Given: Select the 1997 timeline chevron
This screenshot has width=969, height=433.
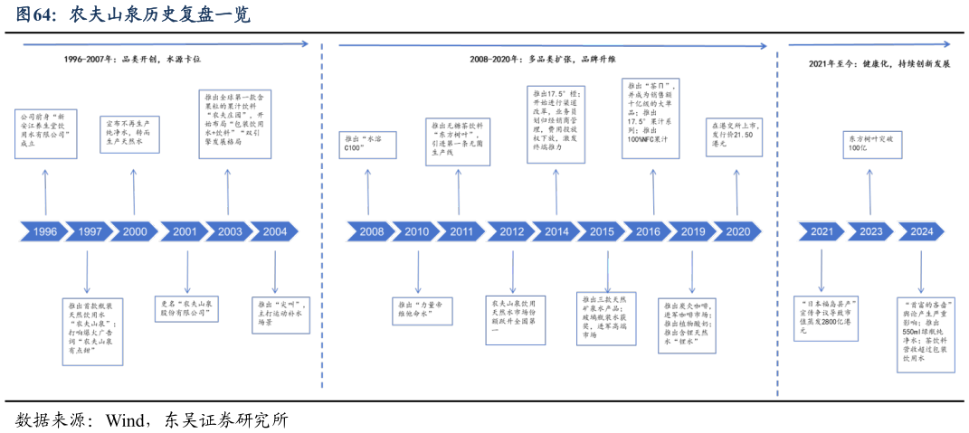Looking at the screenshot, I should coord(90,232).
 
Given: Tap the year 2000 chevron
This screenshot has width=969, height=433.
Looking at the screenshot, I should coord(135,232).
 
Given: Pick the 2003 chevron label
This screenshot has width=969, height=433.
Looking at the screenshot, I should coord(230,232).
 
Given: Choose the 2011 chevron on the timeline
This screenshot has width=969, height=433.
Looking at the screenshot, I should coord(461,232).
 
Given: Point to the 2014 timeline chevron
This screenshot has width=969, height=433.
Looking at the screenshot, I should coord(556,232).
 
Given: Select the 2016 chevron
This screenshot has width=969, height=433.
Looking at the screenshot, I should coord(648,232).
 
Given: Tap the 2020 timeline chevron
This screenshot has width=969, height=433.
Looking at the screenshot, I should coord(737,232).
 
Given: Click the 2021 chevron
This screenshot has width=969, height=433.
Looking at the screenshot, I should coord(822,232).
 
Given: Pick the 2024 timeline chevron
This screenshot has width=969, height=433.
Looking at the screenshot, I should coord(921,232).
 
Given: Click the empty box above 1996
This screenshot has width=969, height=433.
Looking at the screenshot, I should coord(45,134).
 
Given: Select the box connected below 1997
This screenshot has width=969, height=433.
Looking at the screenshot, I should coord(92,332).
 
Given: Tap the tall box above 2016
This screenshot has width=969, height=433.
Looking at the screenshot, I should coord(651,118).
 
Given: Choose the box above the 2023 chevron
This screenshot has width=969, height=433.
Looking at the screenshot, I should coord(872,145).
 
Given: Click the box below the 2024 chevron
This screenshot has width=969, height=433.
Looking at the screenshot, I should coord(926,334).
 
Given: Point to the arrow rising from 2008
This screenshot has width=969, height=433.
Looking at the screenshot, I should coord(367,191).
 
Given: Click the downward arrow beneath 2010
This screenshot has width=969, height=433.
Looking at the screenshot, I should coord(418,272).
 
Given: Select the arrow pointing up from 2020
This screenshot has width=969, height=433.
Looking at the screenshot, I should coord(736,191).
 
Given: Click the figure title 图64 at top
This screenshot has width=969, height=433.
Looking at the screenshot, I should coord(132,15).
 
